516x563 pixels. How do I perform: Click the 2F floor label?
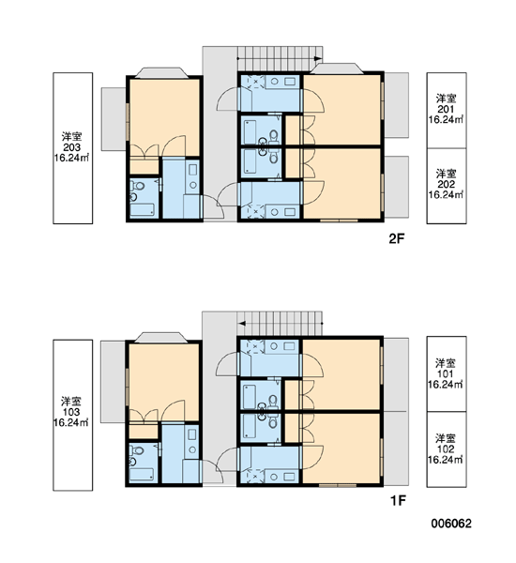click(x=397, y=238)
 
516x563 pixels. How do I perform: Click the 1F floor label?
click(x=398, y=500)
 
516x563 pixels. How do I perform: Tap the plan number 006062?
click(x=451, y=524)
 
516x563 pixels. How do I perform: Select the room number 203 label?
click(x=72, y=147)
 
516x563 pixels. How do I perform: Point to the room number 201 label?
click(x=446, y=109)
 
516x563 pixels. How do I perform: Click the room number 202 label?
click(x=446, y=184)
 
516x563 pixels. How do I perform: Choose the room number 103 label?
click(x=71, y=412)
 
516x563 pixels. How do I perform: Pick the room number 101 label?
click(x=445, y=373)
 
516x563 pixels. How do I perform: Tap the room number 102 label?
click(x=446, y=449)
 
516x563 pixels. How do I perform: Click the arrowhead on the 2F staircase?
click(x=317, y=58)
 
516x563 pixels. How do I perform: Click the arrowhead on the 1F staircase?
click(x=242, y=324)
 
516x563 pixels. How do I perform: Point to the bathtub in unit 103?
click(x=142, y=475)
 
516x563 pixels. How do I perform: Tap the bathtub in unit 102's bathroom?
click(x=250, y=428)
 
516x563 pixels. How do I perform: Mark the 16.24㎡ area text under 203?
click(x=72, y=158)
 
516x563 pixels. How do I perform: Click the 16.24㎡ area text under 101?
click(x=446, y=384)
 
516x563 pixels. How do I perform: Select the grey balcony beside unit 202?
click(x=397, y=187)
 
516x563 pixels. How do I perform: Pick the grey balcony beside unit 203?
click(x=114, y=119)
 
